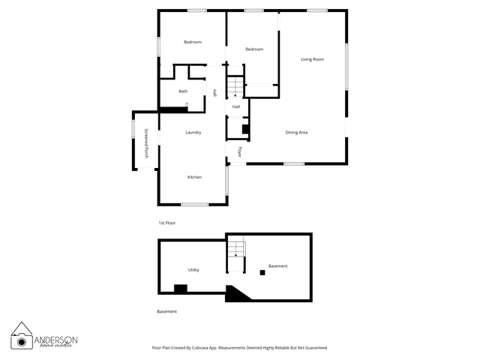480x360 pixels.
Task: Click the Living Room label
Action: [x=312, y=59]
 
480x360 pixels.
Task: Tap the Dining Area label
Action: [x=296, y=133]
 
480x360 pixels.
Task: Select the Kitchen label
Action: [x=194, y=177]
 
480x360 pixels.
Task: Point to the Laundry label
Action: [x=193, y=133]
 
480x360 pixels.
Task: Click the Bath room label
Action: [x=183, y=91]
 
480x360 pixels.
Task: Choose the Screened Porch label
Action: [x=146, y=143]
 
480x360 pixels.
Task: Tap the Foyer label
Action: [x=240, y=152]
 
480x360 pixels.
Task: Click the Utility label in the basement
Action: [x=193, y=270]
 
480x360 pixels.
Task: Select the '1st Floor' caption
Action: [x=166, y=223]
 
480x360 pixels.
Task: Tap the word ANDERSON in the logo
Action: [x=55, y=340]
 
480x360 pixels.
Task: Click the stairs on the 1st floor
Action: [x=235, y=87]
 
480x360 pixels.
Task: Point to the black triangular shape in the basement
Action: [x=235, y=293]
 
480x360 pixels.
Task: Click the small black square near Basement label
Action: [x=262, y=272]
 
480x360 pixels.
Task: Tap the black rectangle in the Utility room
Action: [x=181, y=289]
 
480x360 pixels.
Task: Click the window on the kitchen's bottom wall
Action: [x=195, y=205]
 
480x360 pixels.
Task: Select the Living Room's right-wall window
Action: [x=346, y=67]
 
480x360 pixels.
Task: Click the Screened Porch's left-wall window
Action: [x=133, y=129]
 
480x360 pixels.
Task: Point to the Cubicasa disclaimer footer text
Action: [x=240, y=348]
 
